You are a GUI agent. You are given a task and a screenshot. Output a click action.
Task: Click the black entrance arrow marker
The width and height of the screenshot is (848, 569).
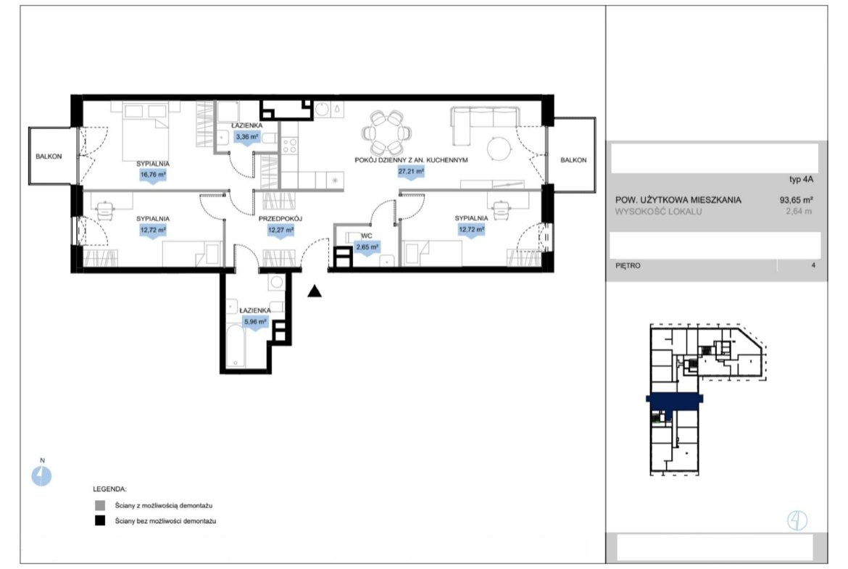tap(315, 291)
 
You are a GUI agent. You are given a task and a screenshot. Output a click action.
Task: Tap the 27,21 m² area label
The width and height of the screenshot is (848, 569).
tap(411, 172)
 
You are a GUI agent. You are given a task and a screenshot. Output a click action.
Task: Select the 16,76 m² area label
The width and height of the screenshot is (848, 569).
tap(153, 175)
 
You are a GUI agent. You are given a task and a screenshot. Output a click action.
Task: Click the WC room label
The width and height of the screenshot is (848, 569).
tap(367, 236)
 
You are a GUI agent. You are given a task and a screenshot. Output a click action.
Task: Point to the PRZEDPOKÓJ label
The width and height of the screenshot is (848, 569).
tap(280, 218)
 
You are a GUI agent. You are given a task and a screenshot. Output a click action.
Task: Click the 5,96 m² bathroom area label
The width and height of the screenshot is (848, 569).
tap(255, 321)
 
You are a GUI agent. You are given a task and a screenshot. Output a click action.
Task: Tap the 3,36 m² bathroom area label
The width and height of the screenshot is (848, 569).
tap(246, 137)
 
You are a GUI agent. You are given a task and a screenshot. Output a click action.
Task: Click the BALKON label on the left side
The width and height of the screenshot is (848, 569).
tap(49, 157)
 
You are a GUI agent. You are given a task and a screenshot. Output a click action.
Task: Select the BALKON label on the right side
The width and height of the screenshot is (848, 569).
tap(573, 160)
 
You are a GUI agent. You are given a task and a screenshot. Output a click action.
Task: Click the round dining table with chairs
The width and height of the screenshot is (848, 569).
tap(386, 133)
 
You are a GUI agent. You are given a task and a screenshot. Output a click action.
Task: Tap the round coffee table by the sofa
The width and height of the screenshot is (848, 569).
tap(499, 148)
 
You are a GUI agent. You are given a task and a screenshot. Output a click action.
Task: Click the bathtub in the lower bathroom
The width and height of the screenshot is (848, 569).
tap(236, 344)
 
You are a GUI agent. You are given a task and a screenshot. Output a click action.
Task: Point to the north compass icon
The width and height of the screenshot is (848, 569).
tap(41, 476)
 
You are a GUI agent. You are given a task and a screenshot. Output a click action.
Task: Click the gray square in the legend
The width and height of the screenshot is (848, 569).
tap(100, 505)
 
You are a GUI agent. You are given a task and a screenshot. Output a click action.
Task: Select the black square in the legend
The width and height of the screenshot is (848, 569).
tap(100, 521)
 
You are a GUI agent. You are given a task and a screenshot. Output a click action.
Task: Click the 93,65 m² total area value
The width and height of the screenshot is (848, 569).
tap(796, 199)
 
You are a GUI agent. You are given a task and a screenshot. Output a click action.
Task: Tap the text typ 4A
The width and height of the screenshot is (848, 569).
tap(801, 180)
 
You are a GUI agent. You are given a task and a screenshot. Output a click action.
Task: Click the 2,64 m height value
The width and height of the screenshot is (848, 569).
tap(799, 212)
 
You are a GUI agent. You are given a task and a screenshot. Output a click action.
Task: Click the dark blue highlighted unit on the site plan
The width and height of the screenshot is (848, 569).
tap(674, 402)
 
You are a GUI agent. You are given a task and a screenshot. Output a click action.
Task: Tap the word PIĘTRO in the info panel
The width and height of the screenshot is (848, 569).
tap(628, 265)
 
